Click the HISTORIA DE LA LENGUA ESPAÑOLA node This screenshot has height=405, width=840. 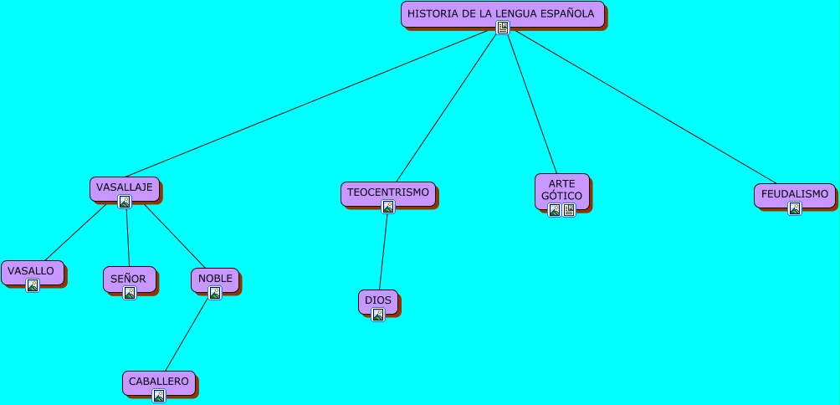click(501, 13)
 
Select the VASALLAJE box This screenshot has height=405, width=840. click(124, 187)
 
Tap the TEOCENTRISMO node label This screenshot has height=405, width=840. click(387, 192)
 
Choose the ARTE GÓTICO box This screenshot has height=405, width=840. click(561, 189)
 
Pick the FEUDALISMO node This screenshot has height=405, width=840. click(794, 194)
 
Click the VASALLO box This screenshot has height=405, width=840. click(31, 271)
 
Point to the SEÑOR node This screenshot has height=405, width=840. click(128, 279)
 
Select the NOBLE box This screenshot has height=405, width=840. click(214, 279)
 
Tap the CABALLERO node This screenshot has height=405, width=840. click(157, 382)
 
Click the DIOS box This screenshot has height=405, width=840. click(377, 300)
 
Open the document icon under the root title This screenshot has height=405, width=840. click(503, 28)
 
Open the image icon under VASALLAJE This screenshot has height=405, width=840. click(125, 202)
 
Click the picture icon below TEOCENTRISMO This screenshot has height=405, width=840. click(388, 208)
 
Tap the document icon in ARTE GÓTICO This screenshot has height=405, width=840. click(569, 210)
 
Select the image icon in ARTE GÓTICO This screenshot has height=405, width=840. click(554, 210)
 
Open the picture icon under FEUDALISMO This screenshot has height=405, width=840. click(795, 208)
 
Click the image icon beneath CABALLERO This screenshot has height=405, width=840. click(158, 396)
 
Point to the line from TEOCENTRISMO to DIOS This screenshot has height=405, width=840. click(383, 252)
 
